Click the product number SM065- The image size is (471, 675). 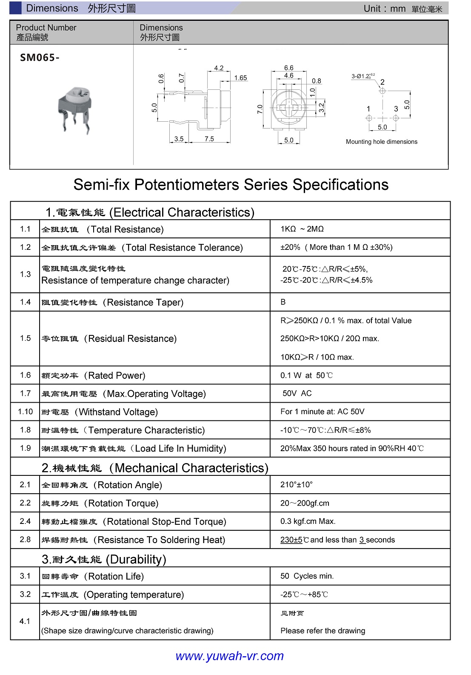(x=40, y=58)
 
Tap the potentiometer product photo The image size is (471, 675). (x=75, y=109)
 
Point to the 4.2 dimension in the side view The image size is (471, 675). (x=219, y=68)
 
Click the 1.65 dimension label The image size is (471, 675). (x=240, y=78)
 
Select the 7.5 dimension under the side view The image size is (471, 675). (x=209, y=139)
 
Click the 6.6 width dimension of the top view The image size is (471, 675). (x=288, y=68)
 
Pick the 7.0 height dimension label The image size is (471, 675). (x=260, y=109)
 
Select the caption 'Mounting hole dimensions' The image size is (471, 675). (x=381, y=142)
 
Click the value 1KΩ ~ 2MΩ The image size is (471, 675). (x=302, y=229)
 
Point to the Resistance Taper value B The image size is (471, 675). (x=283, y=302)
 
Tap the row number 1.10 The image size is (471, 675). (x=25, y=412)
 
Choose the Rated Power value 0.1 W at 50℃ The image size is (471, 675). (x=306, y=375)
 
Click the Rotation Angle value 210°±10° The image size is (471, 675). (x=297, y=484)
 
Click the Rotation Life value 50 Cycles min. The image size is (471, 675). (x=307, y=576)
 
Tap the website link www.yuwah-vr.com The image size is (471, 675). (x=229, y=656)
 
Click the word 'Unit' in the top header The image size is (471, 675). (x=372, y=9)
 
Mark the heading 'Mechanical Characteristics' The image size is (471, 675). (x=191, y=468)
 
